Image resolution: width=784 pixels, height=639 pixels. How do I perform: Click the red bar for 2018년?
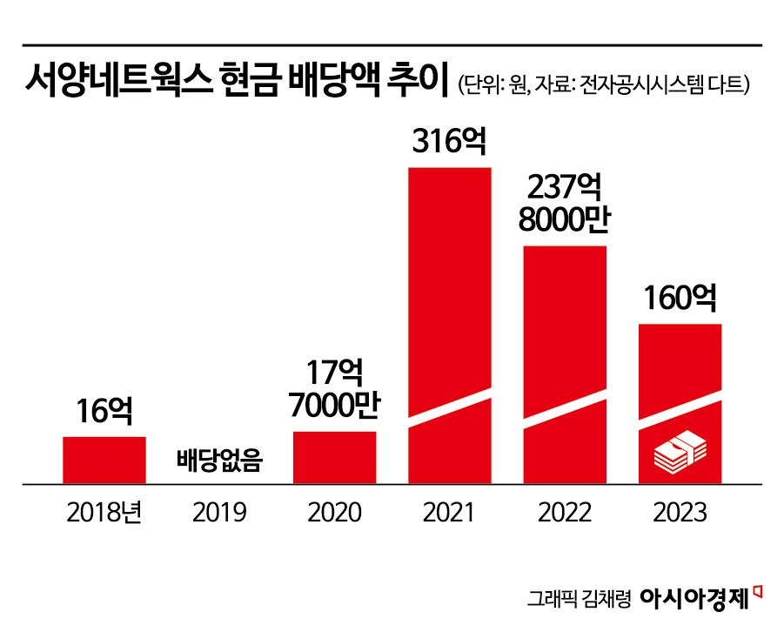coord(104,459)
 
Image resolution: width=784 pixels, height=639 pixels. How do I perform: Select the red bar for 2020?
coord(335,456)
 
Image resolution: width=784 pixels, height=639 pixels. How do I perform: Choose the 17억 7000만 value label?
coord(335,388)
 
